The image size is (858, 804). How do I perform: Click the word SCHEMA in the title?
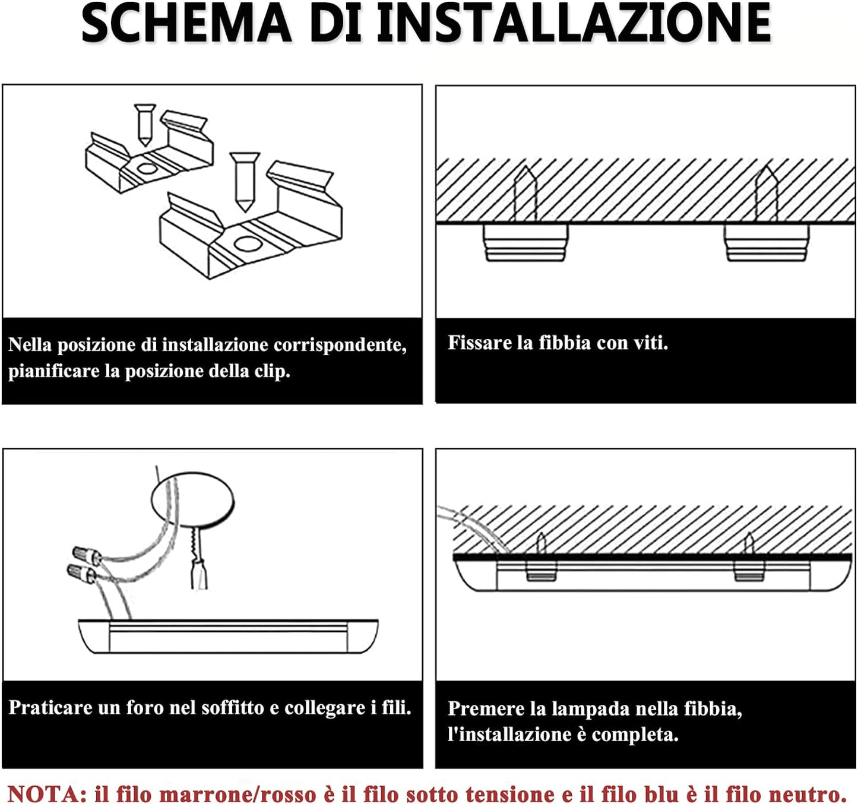[186, 23]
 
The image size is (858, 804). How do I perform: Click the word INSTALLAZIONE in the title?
[574, 23]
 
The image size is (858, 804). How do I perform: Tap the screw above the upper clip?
[145, 125]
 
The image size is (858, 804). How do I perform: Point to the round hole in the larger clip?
[248, 244]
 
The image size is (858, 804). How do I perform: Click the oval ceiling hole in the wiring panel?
[193, 499]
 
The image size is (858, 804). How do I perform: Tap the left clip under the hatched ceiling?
[525, 243]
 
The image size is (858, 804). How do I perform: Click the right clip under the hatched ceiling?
[766, 243]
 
